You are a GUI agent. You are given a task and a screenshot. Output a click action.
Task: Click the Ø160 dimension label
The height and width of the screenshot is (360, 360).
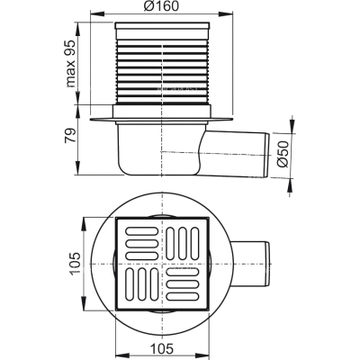coord(160,6)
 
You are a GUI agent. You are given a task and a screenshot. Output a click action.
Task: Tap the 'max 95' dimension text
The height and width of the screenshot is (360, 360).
coord(71,63)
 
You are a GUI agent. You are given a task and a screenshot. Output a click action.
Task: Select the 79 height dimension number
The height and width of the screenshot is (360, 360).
coord(71,136)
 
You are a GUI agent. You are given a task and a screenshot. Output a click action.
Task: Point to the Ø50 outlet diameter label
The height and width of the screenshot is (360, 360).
coord(283,154)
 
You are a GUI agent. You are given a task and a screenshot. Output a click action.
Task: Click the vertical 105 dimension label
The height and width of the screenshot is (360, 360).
coord(75,263)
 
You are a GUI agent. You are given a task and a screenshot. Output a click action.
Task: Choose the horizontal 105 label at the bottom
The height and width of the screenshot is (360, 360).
coord(162,349)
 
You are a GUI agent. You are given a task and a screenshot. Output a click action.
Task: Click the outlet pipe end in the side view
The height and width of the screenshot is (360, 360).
coord(266,156)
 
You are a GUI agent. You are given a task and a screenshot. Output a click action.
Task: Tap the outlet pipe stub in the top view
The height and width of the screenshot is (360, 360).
coord(250,264)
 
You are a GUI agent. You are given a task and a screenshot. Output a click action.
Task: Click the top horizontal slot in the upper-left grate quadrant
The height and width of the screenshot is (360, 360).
coord(142,231)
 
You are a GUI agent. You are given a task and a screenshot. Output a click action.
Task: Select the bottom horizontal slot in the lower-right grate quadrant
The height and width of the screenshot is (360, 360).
coord(183,297)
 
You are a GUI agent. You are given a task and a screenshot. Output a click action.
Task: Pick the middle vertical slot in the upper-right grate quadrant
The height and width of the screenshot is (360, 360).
coord(183,243)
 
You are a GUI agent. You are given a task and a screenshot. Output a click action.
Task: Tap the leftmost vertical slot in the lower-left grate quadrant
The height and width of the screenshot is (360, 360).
coord(130,284)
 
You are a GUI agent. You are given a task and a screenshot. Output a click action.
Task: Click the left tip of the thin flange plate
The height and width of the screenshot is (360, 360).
coord(90,120)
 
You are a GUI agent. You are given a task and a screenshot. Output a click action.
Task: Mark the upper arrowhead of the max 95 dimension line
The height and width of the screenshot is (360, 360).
coord(77,27)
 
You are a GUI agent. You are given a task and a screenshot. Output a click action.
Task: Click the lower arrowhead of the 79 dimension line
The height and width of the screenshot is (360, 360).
coord(77,170)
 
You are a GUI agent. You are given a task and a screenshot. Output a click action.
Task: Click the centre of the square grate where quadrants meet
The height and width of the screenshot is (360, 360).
coord(162,264)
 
